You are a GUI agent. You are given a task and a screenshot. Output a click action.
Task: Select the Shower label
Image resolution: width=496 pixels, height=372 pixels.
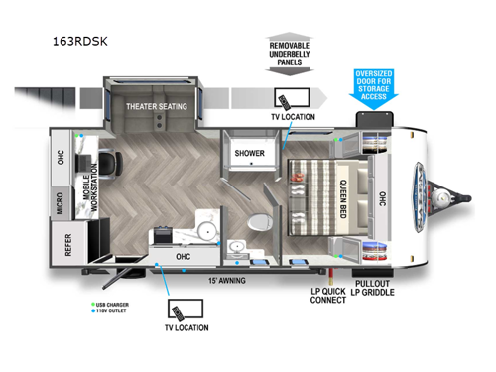click(x=249, y=154)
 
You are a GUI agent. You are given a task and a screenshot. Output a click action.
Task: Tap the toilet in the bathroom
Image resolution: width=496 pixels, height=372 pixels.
click(x=260, y=221)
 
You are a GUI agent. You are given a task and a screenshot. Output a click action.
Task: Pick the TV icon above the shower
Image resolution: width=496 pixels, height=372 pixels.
click(x=289, y=102)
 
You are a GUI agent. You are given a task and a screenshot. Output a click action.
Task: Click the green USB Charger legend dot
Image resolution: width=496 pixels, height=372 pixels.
click(x=91, y=305)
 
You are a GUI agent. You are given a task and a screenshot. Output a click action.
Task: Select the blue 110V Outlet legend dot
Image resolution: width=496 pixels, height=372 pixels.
click(x=91, y=313)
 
